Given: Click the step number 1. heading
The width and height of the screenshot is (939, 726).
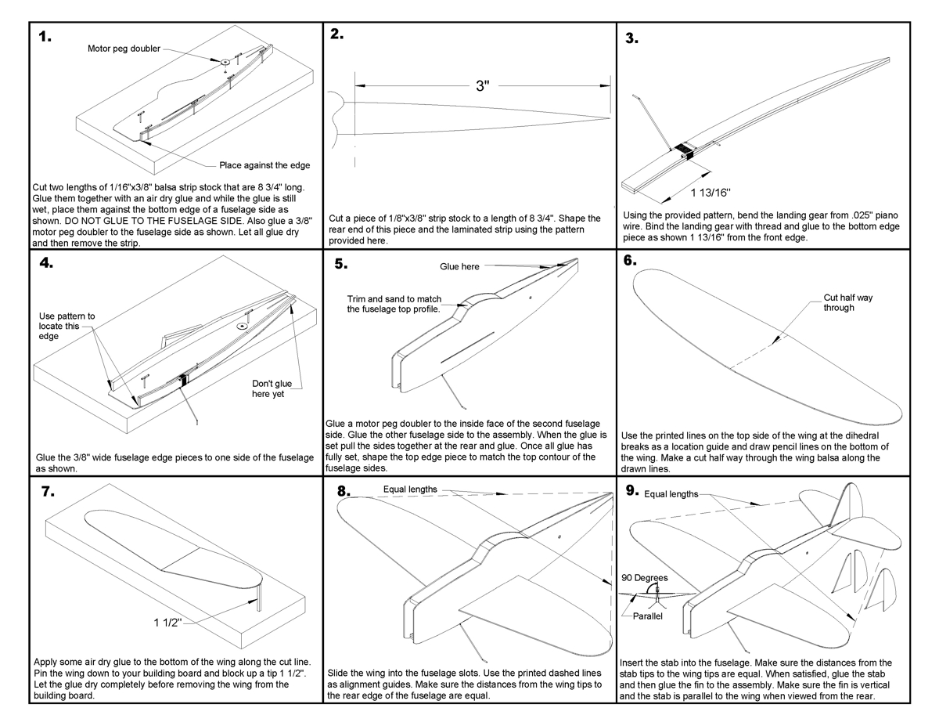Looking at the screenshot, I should (45, 38).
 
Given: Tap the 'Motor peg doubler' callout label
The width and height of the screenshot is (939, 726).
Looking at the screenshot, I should (124, 49).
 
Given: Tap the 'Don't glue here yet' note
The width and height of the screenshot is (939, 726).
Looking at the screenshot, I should (272, 389).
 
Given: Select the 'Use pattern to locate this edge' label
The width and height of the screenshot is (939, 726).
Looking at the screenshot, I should (67, 326).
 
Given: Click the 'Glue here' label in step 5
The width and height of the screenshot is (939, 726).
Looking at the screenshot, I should (459, 267).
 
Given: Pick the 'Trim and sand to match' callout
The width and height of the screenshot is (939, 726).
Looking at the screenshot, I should (394, 304).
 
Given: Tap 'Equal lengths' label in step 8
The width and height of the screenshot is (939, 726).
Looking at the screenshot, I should (410, 490).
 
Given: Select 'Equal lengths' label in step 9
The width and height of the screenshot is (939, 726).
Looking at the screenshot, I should (671, 494).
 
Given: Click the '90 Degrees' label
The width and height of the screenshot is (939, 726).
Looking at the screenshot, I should (645, 578).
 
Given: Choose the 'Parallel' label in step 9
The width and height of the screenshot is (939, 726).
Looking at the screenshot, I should (648, 616).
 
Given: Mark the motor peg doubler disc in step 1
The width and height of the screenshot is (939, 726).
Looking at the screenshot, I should (225, 60).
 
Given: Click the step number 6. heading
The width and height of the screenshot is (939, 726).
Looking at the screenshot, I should (631, 262).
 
